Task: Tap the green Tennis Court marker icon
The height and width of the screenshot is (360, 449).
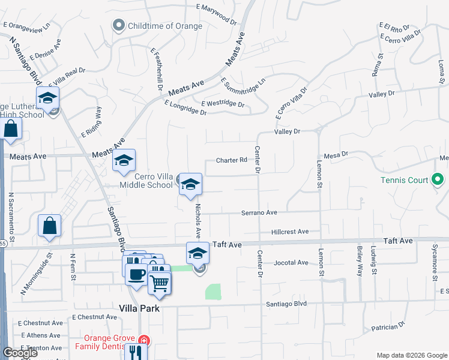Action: pos(438,179)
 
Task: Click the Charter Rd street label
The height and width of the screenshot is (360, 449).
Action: pos(232,160)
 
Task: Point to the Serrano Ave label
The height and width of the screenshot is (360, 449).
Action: pos(259,212)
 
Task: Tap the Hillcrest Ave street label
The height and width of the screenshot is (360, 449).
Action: pos(289,232)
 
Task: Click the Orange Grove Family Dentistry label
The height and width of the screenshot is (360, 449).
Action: pos(107,342)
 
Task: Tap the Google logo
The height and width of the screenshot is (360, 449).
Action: pos(20,353)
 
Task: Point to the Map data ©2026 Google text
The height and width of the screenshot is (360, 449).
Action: pos(412,355)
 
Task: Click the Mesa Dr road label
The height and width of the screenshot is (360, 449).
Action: pos(336,154)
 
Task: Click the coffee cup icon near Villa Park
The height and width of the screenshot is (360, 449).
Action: pos(137,274)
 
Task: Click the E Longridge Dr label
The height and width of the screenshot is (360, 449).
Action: pos(185,108)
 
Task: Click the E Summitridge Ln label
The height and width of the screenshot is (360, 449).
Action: pos(243,88)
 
